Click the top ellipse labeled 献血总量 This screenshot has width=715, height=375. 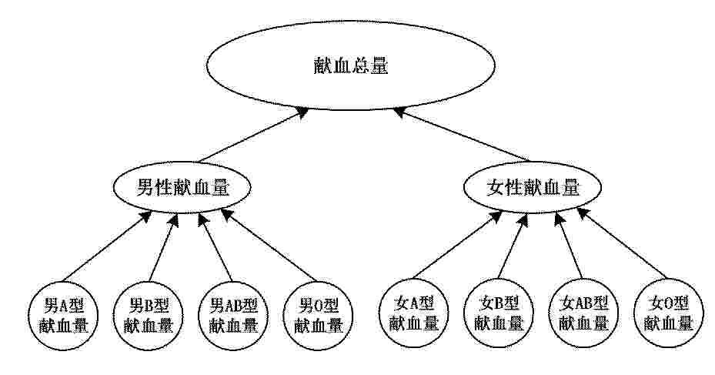(351, 65)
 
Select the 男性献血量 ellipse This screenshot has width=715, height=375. (182, 187)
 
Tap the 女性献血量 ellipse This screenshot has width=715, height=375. (532, 187)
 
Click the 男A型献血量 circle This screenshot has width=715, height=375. (63, 315)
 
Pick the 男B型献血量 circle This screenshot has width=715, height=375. (148, 315)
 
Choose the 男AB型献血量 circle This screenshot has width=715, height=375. (233, 315)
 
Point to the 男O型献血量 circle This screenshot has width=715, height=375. (318, 315)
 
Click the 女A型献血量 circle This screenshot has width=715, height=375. (413, 313)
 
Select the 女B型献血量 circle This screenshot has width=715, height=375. (499, 313)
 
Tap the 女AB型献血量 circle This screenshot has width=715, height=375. (583, 313)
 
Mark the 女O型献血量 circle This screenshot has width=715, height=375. (669, 313)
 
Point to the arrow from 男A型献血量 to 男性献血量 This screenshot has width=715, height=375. (107, 246)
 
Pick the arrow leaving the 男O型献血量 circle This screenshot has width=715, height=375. (268, 245)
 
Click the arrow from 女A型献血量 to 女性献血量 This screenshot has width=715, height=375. (457, 246)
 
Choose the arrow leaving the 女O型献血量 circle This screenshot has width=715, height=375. (622, 243)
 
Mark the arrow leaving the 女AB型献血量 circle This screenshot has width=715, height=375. (569, 246)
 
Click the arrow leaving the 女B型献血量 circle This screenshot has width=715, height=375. (513, 246)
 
